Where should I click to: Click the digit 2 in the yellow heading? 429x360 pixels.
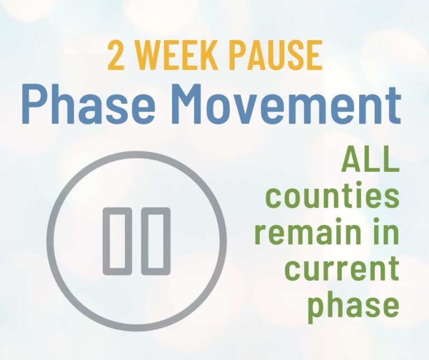pyautogui.click(x=116, y=55)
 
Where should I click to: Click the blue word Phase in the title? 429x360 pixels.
pyautogui.click(x=89, y=104)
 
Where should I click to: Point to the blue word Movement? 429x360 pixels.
pyautogui.click(x=286, y=104)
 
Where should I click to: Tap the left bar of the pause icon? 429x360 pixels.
pyautogui.click(x=117, y=241)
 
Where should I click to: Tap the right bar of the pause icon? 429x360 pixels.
pyautogui.click(x=156, y=241)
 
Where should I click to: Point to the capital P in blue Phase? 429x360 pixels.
pyautogui.click(x=35, y=104)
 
